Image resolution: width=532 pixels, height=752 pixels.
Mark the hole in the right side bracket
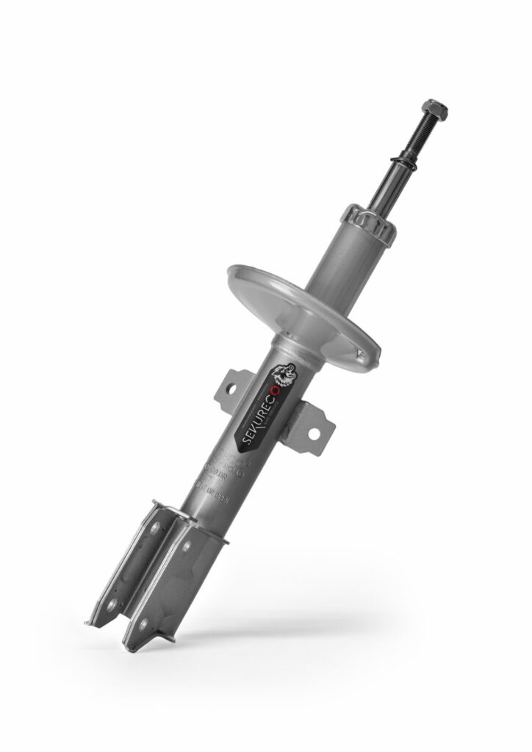coord(314,434)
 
